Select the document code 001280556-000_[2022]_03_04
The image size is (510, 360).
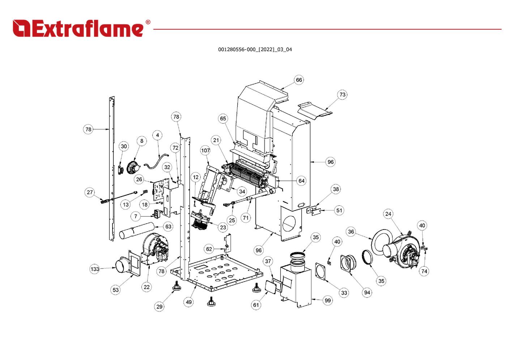click(255, 50)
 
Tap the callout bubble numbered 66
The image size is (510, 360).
click(299, 80)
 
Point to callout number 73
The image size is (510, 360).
click(342, 95)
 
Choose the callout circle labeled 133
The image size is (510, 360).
click(95, 269)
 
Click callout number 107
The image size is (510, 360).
click(205, 150)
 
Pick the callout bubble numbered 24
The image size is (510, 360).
click(388, 214)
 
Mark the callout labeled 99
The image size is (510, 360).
click(328, 300)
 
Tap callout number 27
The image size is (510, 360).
click(90, 192)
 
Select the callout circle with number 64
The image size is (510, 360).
click(302, 181)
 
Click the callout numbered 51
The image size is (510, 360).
click(339, 210)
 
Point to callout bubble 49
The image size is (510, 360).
click(189, 302)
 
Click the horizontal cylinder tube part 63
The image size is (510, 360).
click(137, 231)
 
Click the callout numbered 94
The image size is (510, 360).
click(367, 292)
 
